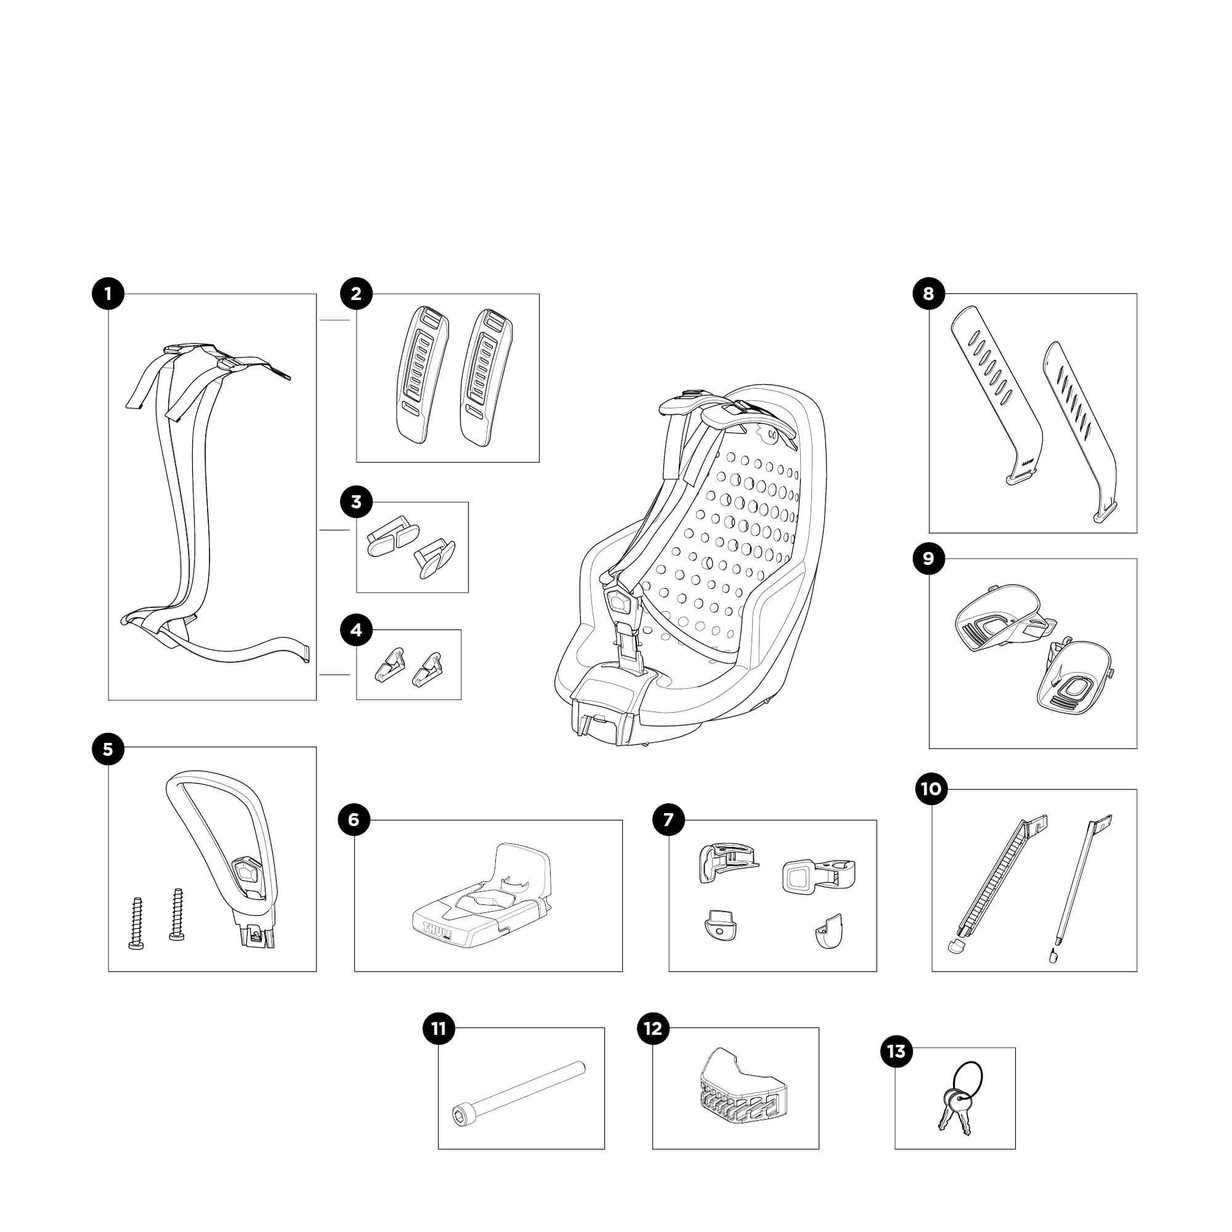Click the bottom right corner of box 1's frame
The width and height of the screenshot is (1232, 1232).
316,700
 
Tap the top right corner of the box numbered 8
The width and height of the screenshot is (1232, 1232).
1137,294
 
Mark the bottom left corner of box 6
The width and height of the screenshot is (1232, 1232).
355,971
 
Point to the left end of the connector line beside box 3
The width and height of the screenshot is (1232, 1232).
318,530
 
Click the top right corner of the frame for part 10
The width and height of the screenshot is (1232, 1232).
1137,790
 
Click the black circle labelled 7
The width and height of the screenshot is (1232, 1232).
668,819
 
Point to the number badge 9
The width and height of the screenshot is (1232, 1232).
928,559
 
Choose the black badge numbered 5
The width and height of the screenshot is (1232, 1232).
108,748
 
